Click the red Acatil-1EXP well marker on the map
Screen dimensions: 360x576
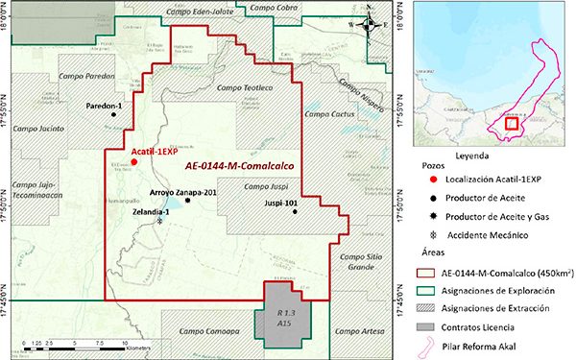135,163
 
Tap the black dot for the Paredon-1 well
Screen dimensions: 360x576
113,115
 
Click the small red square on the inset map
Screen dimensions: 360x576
512,122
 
